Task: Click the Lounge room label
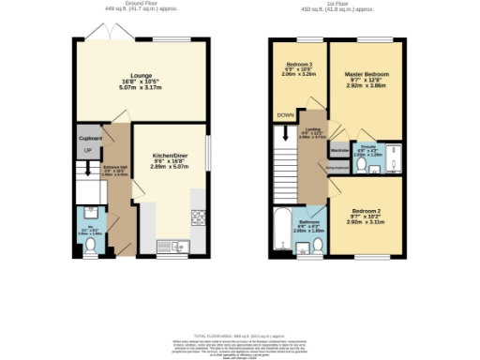(x=141, y=77)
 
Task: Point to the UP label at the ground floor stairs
(x=88, y=151)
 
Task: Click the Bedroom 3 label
(x=297, y=66)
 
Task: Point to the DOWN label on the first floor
(x=285, y=115)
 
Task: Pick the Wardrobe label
(x=340, y=149)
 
